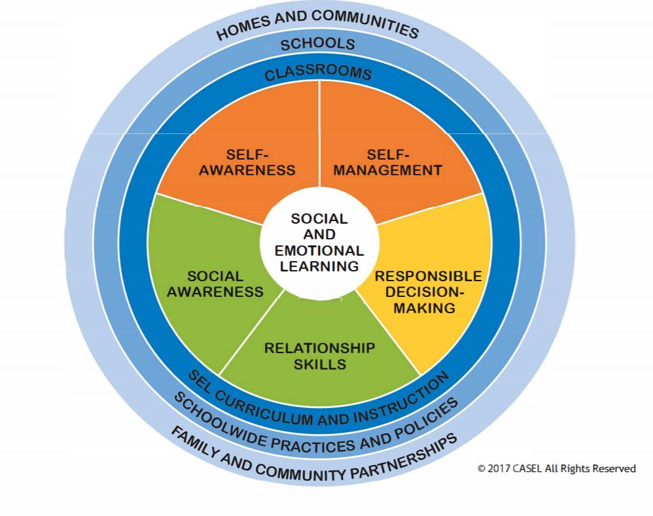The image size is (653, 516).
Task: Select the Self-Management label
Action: [388, 162]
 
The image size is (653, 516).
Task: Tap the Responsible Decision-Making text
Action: [428, 292]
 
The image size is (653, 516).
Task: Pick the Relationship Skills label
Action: [319, 356]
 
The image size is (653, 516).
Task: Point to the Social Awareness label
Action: [215, 284]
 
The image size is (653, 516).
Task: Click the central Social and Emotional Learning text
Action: [319, 243]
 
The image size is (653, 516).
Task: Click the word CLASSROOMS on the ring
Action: [318, 73]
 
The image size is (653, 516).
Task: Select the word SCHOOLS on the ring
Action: [318, 44]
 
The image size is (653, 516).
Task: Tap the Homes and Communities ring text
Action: [318, 24]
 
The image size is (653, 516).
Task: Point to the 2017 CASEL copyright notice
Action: [556, 468]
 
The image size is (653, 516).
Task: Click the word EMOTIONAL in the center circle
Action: [319, 250]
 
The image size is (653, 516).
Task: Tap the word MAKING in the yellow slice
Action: [425, 308]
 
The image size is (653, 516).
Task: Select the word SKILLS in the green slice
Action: [319, 364]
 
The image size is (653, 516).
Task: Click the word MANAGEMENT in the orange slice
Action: [388, 171]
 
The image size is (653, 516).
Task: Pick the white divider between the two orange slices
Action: [319, 131]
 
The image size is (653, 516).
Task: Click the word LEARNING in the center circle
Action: [319, 266]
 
